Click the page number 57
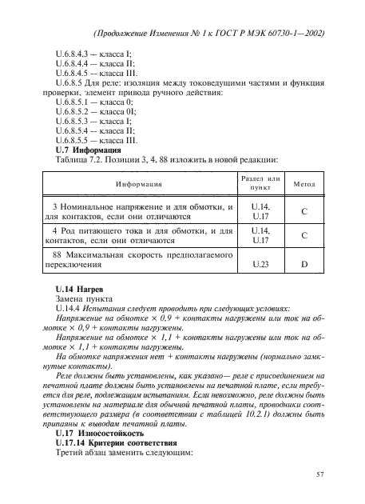click(x=320, y=477)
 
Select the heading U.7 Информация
click(x=87, y=150)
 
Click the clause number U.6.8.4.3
click(x=73, y=53)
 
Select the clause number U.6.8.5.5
click(x=73, y=140)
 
